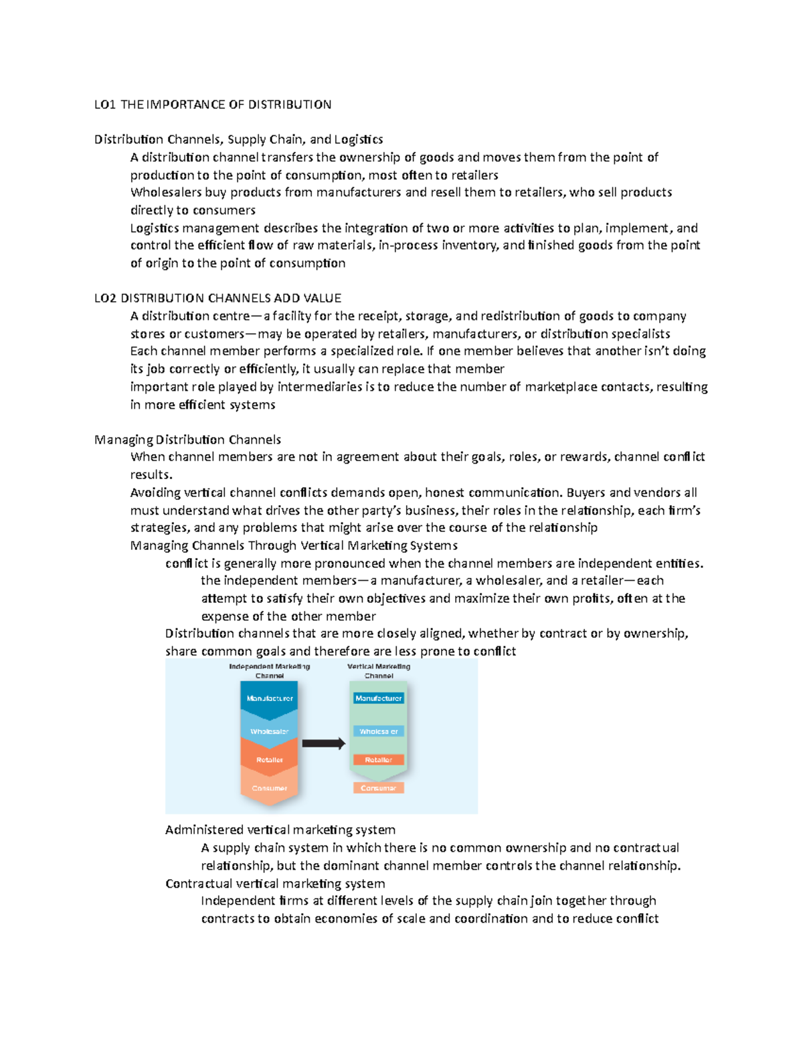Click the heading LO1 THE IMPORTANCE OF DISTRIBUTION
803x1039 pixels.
213,104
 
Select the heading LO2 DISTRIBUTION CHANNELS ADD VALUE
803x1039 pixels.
217,298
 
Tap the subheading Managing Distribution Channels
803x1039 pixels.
187,440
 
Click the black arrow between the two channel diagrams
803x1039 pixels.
323,743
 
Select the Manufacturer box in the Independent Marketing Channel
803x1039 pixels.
270,698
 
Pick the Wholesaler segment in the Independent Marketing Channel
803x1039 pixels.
270,731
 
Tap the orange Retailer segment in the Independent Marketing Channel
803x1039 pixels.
270,760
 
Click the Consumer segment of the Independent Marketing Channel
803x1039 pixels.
270,788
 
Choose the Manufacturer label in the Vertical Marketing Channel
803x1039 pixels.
379,698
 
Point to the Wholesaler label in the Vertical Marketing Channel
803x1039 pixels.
379,731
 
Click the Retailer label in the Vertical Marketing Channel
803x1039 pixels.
379,760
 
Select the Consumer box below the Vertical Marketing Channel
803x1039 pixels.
379,788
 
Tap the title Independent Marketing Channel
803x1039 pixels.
270,671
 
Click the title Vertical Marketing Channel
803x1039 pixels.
379,671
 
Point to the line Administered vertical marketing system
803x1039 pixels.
280,830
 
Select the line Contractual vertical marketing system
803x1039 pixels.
275,883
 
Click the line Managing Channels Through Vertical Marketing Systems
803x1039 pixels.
294,545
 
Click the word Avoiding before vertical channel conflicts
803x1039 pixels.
155,493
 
